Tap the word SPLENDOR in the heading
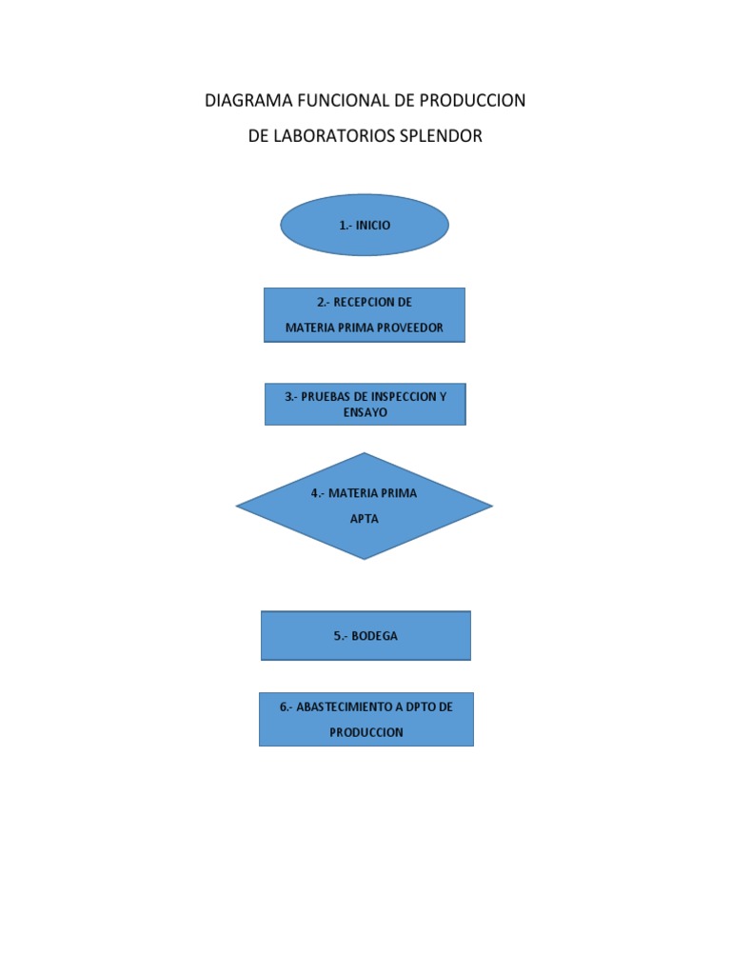click(x=441, y=136)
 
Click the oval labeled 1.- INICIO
click(x=365, y=226)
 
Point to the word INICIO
click(x=373, y=226)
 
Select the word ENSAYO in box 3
click(x=365, y=412)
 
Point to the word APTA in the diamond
click(x=365, y=521)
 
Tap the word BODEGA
click(x=374, y=636)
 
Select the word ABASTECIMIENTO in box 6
click(x=342, y=707)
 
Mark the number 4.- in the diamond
click(x=319, y=493)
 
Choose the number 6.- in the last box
click(x=286, y=707)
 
